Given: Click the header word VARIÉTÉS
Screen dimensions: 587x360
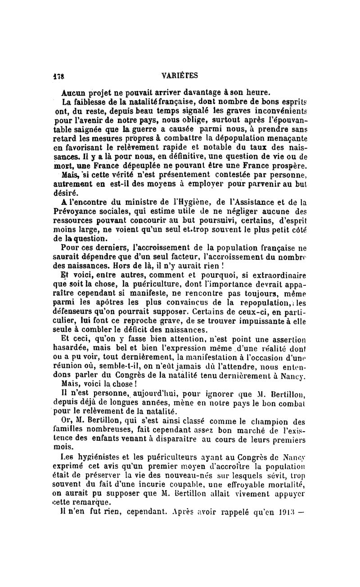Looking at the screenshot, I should (x=180, y=75).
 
